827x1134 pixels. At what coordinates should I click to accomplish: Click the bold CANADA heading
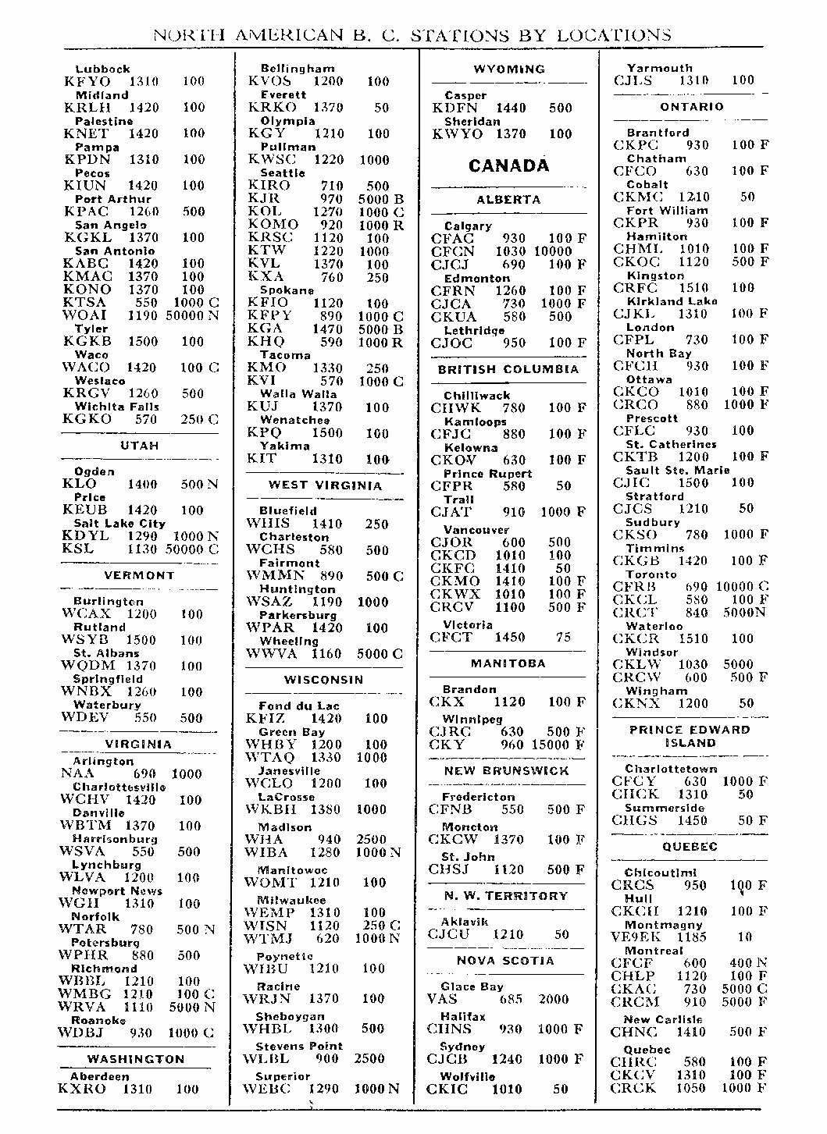[x=508, y=165]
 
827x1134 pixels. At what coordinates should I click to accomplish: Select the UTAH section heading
[x=140, y=446]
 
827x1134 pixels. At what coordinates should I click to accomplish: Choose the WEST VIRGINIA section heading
[x=325, y=485]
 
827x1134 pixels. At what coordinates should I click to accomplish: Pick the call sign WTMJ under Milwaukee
[x=269, y=939]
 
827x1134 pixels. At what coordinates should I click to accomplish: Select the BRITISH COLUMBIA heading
[x=508, y=369]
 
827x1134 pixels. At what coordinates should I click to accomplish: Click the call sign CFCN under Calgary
[x=452, y=251]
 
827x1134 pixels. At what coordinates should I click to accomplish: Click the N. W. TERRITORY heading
[x=506, y=896]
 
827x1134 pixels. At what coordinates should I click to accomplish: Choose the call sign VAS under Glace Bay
[x=442, y=999]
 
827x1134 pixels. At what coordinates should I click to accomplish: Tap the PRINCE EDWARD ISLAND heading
[x=690, y=736]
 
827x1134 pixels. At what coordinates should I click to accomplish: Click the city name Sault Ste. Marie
[x=677, y=471]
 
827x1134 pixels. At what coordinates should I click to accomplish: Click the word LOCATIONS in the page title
[x=614, y=35]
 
